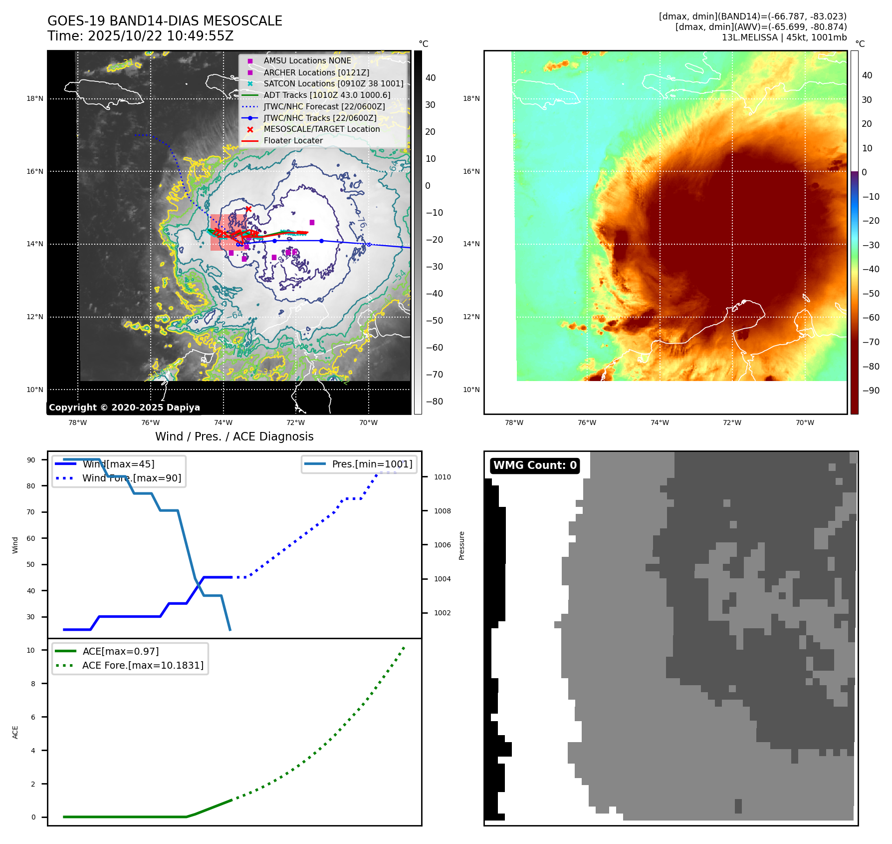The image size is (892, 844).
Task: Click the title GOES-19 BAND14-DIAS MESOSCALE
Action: point(165,21)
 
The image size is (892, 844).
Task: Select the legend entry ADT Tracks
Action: point(327,95)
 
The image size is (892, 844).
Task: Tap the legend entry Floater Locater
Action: point(293,140)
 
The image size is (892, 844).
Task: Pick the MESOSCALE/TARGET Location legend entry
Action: point(321,129)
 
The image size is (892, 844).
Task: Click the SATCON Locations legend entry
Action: point(333,83)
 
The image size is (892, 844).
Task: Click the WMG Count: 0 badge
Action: point(535,465)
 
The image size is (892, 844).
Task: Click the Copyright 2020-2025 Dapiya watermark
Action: point(124,408)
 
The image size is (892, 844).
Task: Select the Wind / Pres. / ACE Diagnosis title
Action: point(234,436)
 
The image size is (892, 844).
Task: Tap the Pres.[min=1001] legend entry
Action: point(372,464)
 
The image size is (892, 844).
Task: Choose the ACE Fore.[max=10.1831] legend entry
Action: point(143,665)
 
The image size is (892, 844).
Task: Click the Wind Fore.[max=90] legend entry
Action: point(132,478)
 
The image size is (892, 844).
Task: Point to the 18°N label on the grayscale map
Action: point(35,99)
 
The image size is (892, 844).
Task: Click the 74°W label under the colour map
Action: point(660,422)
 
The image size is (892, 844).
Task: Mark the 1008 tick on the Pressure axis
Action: point(442,511)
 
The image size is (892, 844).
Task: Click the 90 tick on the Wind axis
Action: point(31,460)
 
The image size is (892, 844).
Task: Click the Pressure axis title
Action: point(461,545)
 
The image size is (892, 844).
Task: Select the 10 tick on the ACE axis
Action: point(31,650)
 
